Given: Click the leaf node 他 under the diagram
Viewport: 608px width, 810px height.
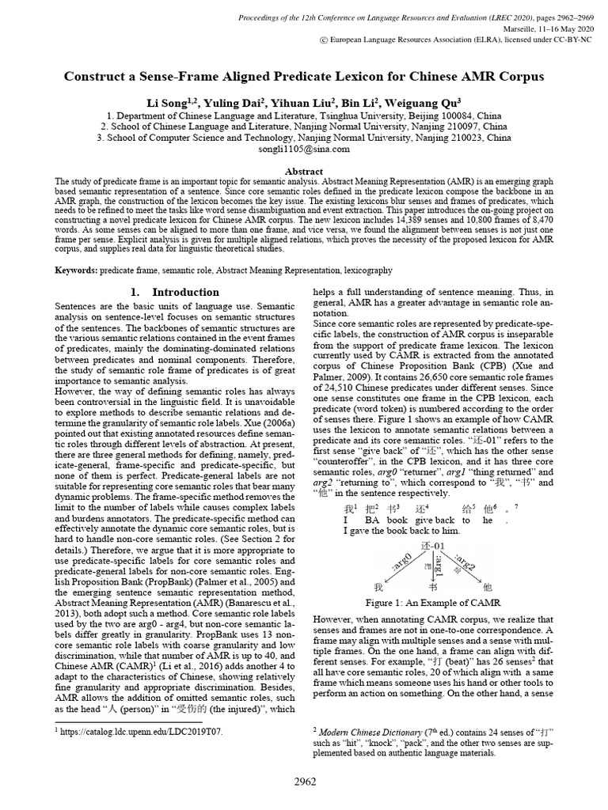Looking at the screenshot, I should [x=487, y=588].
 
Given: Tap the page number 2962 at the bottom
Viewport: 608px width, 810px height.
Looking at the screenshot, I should [x=304, y=782].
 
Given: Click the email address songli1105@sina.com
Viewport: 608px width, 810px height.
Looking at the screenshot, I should [x=304, y=148].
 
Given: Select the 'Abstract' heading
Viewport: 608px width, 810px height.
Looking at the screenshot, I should [x=304, y=171].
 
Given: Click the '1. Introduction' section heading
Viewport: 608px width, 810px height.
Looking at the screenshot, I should [x=175, y=292].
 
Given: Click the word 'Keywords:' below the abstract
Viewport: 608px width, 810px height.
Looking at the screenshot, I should [x=77, y=270].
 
